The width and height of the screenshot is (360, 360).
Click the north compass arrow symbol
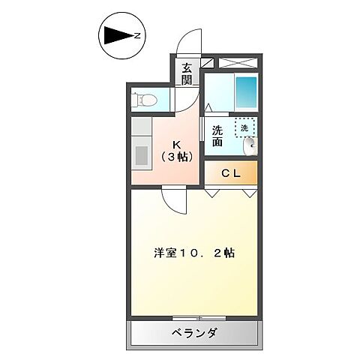click(x=118, y=34)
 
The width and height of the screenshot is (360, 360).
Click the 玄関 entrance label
click(x=186, y=72)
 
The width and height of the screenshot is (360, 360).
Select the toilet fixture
click(x=146, y=98)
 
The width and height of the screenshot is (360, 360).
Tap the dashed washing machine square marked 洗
click(x=244, y=127)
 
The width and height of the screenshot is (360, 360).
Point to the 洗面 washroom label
click(x=217, y=135)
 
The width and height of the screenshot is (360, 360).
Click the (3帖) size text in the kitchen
click(x=178, y=157)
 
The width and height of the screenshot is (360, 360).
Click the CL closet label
click(x=230, y=173)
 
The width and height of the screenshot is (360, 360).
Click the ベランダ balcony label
click(x=193, y=333)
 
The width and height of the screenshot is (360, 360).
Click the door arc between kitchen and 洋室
click(x=175, y=201)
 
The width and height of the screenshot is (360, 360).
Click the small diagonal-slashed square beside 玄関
click(x=208, y=64)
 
